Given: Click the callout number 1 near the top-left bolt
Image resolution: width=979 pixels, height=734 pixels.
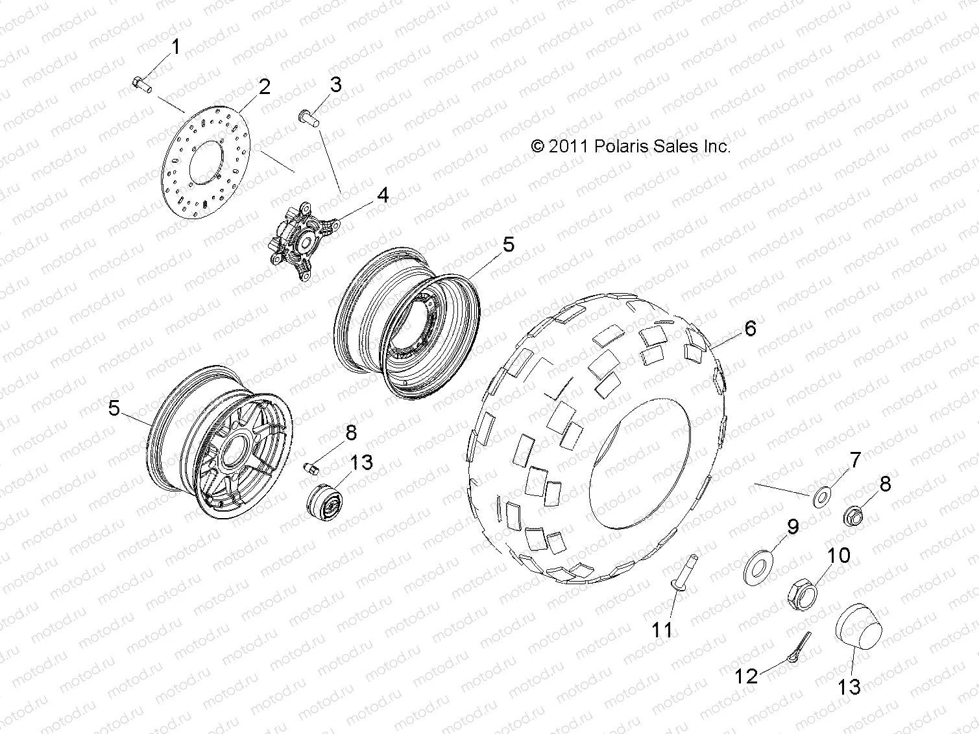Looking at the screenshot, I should pos(175,47).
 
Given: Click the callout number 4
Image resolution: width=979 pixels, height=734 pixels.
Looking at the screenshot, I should pos(383,195).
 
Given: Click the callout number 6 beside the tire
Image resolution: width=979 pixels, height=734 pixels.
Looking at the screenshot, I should pos(750,329).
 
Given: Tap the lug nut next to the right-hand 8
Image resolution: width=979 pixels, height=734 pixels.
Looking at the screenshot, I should pos(852,517).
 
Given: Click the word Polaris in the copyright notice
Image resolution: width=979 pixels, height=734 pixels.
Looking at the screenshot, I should pos(622,147).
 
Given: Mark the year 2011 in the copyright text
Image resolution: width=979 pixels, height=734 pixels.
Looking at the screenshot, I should pos(568,147).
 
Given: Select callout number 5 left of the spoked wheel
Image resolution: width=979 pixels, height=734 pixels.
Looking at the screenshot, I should pos(114,409).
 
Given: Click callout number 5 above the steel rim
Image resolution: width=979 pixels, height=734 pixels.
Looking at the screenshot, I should pos(508,244).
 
